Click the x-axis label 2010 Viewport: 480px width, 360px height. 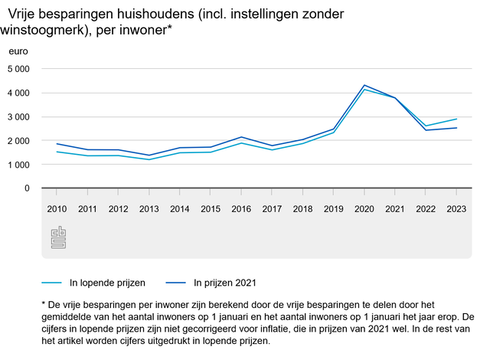click(56, 209)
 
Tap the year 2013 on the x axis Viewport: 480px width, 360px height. click(149, 209)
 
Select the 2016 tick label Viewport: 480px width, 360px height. click(241, 209)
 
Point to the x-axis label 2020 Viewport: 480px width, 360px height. click(364, 209)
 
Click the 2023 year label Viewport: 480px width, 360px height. click(457, 209)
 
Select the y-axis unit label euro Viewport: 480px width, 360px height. click(18, 51)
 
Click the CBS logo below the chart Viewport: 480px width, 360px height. click(58, 237)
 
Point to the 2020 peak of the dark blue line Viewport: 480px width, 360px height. click(364, 85)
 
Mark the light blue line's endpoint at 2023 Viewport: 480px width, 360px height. click(457, 119)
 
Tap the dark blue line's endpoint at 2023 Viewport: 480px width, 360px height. click(457, 128)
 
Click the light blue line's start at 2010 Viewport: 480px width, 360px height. click(56, 152)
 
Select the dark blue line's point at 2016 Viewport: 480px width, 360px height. click(241, 137)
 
